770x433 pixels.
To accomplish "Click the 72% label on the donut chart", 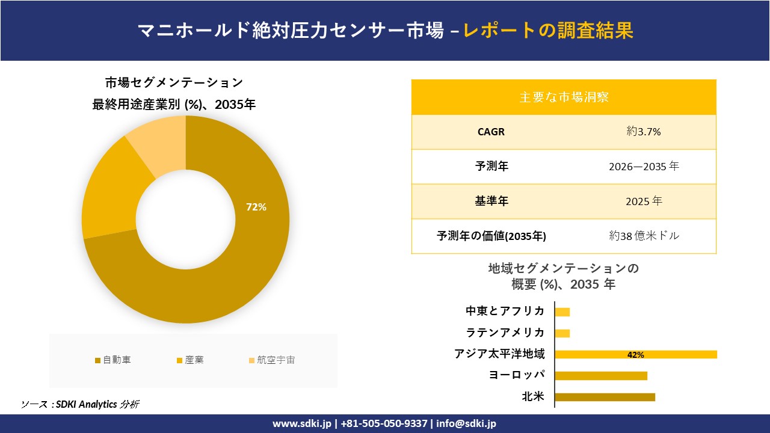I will pos(256,207).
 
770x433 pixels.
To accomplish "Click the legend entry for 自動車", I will pos(113,360).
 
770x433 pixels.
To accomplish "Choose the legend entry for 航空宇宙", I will pos(271,360).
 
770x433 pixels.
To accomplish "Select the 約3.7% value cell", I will pos(644,132).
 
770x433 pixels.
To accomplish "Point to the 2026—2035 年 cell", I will pos(644,167).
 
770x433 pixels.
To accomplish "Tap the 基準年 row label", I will pos(491,201).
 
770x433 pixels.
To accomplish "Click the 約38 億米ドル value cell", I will pos(644,236).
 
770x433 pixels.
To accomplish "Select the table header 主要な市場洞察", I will pos(564,97).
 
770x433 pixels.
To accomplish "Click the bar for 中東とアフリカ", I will pos(562,312).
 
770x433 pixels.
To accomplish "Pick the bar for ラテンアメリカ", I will pos(562,333).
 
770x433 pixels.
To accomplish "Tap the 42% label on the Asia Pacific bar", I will pos(635,355).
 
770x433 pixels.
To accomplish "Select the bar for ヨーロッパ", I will pos(600,376).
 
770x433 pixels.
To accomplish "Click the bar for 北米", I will pos(605,397).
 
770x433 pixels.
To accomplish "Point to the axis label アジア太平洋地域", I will pos(499,354).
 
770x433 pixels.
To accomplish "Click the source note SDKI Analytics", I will pos(80,405).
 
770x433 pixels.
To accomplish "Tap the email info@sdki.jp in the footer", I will pos(466,423).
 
